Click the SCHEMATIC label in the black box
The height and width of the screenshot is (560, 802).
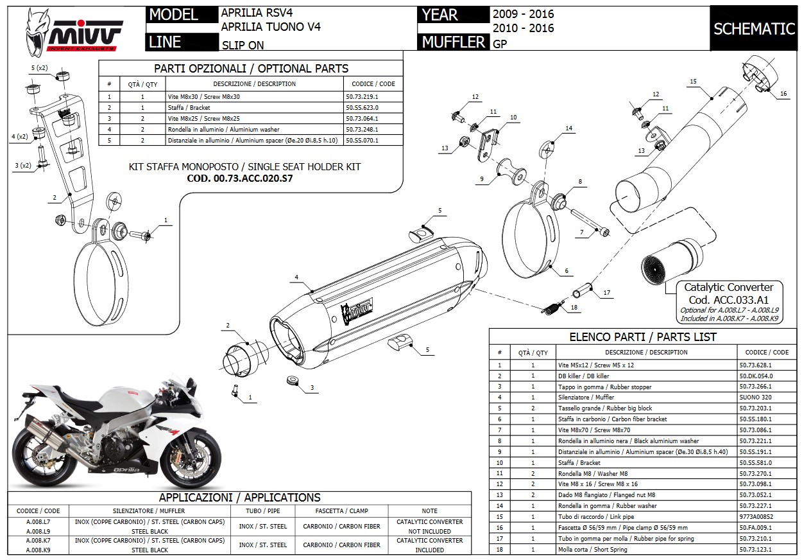click(754, 29)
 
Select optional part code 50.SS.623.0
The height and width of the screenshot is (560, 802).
click(362, 108)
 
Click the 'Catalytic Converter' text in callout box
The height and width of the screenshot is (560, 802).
click(728, 288)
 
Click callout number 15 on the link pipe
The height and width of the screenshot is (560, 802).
click(694, 82)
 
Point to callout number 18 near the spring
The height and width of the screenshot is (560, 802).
click(574, 308)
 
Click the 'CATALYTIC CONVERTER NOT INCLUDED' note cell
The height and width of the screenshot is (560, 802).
click(429, 527)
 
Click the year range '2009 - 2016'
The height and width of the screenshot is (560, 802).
click(523, 13)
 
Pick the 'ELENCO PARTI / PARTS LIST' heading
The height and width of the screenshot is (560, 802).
click(643, 337)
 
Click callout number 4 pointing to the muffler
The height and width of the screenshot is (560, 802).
click(296, 277)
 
